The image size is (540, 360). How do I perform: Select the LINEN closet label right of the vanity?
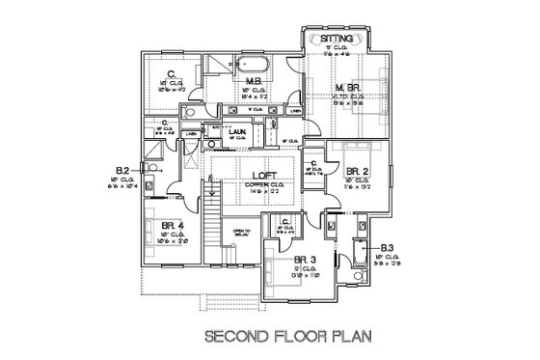pyautogui.click(x=293, y=110)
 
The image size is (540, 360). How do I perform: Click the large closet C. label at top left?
pyautogui.click(x=171, y=73)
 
